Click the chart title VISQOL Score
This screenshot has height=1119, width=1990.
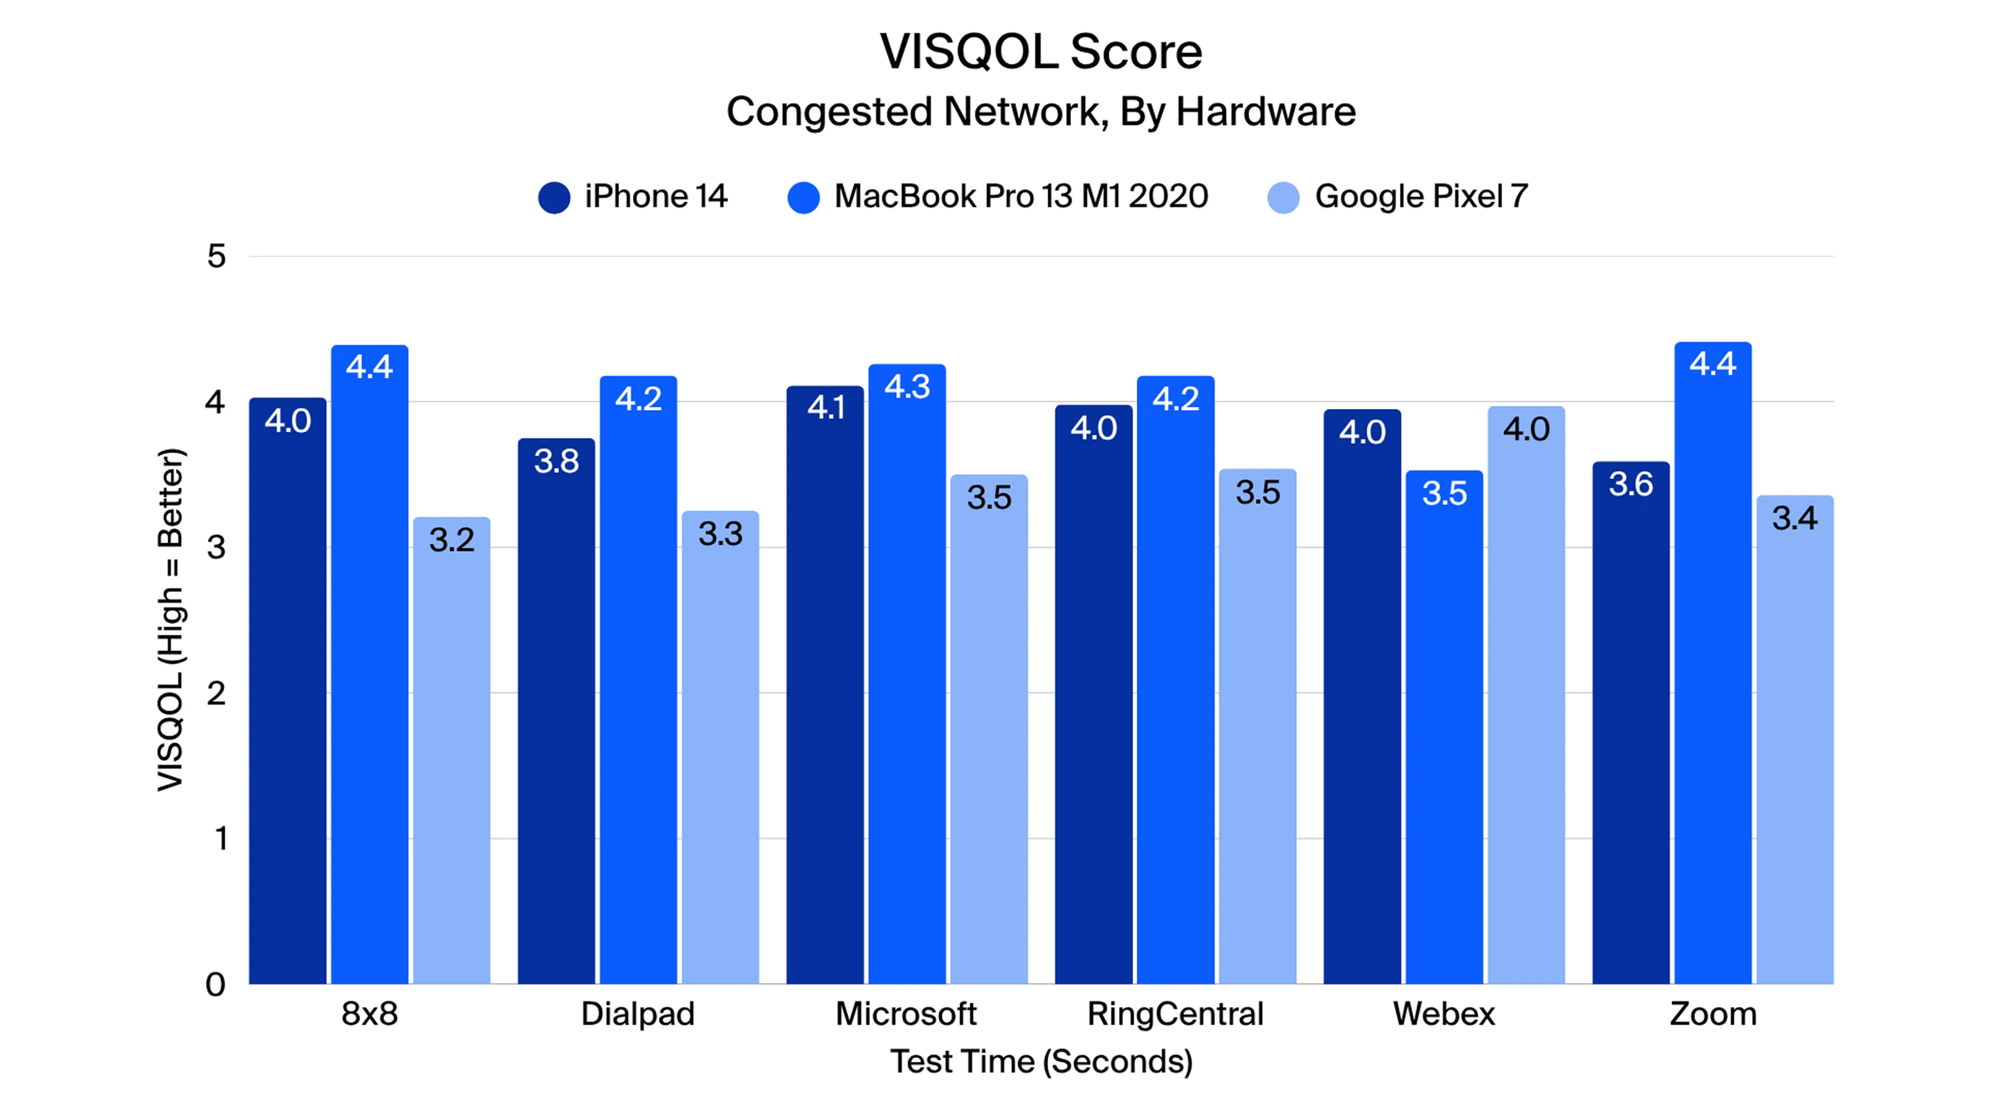click(1041, 52)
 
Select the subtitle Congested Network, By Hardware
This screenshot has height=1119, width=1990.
click(1041, 112)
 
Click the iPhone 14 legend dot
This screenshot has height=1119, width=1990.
click(554, 197)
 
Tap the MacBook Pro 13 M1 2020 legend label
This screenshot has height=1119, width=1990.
click(1020, 196)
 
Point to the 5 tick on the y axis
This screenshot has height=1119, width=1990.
click(216, 256)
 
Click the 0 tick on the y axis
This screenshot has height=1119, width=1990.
click(216, 985)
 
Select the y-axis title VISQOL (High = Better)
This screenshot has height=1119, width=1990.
click(171, 620)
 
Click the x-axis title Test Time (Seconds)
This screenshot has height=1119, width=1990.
click(1041, 1062)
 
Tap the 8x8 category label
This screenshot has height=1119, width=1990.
click(369, 1014)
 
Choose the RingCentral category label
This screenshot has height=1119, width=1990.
click(1175, 1014)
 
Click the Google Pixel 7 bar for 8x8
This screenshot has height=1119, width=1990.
click(451, 757)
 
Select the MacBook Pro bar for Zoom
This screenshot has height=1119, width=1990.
click(1713, 672)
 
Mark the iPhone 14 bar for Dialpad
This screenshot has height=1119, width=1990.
click(556, 718)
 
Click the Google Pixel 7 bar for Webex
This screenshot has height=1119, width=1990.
click(1525, 703)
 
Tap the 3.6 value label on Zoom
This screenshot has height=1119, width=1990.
click(1630, 484)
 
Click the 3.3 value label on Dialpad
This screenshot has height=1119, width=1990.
click(720, 534)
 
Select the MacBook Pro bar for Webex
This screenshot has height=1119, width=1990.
click(1444, 734)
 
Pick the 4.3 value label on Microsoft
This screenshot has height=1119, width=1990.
click(907, 386)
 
